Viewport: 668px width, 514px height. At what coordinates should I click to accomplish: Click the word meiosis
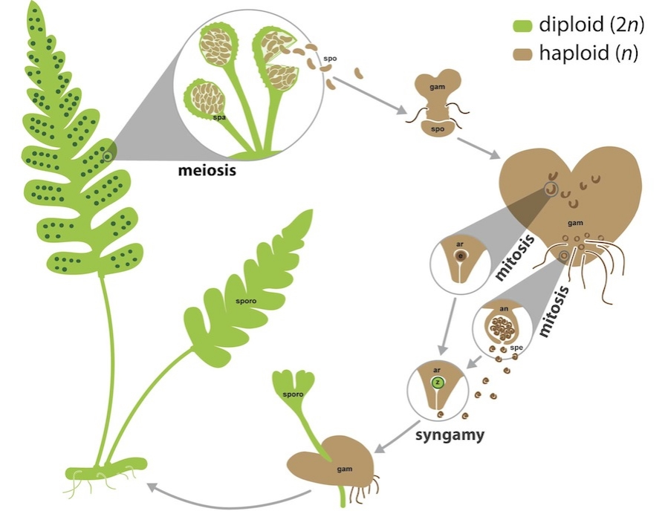(207, 170)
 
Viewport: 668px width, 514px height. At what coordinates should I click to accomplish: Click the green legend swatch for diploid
(522, 27)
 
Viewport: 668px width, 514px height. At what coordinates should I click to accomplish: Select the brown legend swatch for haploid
(522, 53)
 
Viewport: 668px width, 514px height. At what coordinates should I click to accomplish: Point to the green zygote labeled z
(438, 383)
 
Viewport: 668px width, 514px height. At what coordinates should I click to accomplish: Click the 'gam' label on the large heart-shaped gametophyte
(574, 221)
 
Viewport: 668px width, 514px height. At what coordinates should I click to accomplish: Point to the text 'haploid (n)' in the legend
(590, 53)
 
